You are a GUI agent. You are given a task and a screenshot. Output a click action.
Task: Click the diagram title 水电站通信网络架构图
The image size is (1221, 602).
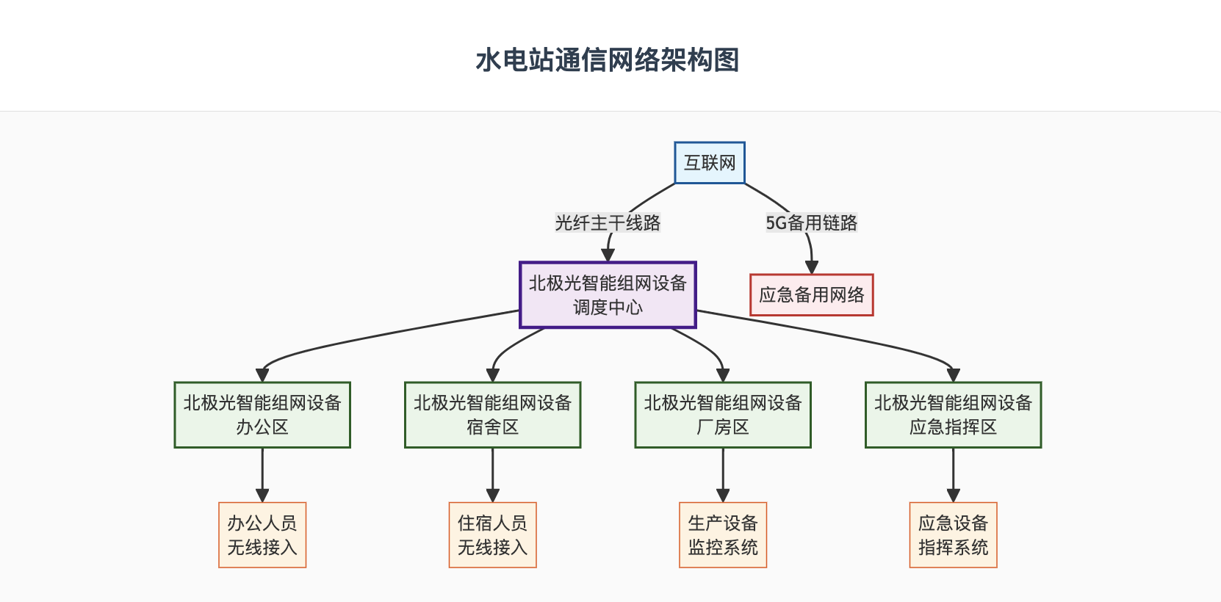607,60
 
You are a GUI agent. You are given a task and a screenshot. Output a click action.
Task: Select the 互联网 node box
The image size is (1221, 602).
710,163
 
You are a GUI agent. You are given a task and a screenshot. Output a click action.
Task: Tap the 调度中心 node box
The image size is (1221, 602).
608,295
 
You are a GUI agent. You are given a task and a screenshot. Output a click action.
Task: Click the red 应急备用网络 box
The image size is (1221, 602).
812,295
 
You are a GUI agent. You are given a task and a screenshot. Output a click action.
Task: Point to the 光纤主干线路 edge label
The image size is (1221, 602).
608,222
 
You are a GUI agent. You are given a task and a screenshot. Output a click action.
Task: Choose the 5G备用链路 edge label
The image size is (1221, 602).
812,222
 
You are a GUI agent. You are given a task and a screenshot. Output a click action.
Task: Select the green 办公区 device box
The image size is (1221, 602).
262,415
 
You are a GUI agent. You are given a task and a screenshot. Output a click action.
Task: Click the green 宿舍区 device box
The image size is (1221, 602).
493,415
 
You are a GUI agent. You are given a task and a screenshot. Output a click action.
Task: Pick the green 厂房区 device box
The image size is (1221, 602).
723,415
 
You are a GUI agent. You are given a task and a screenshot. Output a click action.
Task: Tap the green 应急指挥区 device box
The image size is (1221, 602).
954,415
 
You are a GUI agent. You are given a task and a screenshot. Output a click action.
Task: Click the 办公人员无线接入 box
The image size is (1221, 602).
262,535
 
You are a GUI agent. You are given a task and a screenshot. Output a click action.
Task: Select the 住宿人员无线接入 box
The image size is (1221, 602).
493,535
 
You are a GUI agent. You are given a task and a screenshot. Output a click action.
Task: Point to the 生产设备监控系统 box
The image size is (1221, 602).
723,535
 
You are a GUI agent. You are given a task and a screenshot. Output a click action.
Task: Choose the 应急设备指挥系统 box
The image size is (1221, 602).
954,535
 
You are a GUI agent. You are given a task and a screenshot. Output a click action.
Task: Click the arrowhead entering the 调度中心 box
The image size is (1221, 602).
608,255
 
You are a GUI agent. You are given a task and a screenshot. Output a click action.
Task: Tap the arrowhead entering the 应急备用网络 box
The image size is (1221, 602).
812,267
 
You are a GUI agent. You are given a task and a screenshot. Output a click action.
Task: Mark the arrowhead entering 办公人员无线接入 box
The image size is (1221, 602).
262,496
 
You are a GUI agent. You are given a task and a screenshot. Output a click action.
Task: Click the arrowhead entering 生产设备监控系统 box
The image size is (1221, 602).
723,496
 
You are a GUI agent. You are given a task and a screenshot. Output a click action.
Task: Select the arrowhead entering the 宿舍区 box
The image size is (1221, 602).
493,375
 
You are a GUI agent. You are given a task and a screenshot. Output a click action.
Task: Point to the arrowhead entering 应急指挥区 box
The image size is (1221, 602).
954,375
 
